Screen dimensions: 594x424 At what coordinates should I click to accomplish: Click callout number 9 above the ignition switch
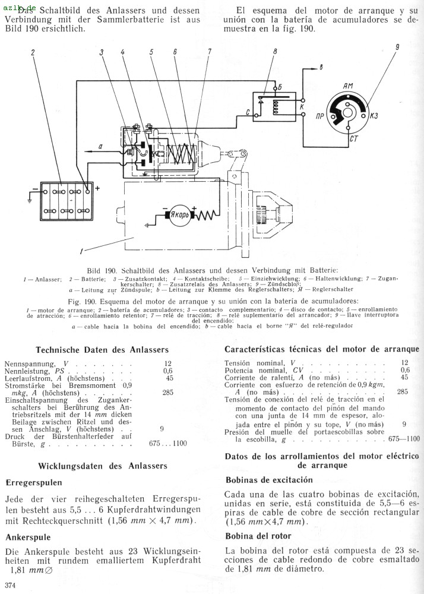[397, 47]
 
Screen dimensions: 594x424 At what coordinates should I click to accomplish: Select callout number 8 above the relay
[275, 52]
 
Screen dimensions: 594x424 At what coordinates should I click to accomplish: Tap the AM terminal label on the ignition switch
[348, 87]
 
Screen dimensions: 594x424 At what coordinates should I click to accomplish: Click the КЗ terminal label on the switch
[374, 116]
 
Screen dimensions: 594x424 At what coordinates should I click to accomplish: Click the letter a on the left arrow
[100, 146]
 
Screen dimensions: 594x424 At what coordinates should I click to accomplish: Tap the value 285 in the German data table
[169, 393]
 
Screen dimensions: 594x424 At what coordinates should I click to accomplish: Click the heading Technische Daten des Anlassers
[102, 350]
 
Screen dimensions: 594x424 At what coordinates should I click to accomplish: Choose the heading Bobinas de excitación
[269, 479]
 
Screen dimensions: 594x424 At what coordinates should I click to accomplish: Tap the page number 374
[10, 587]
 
